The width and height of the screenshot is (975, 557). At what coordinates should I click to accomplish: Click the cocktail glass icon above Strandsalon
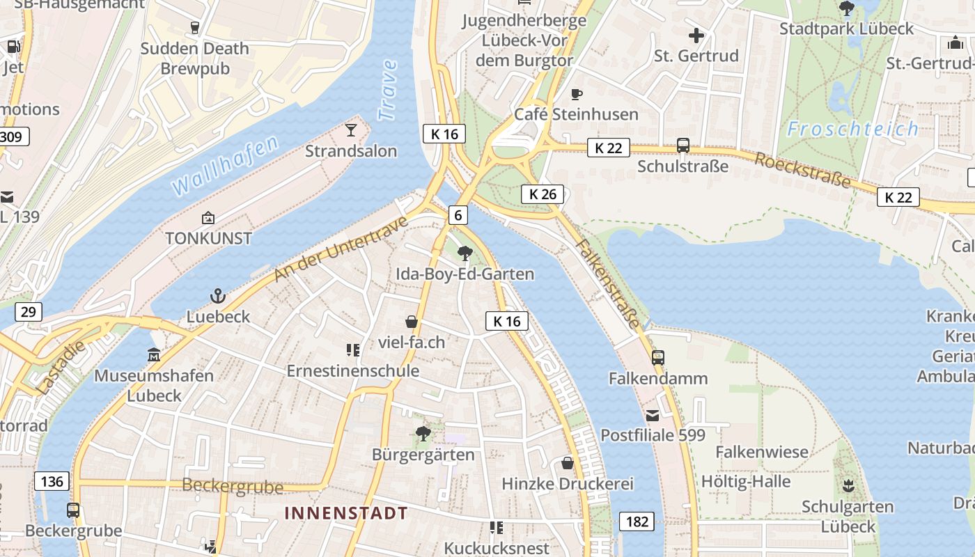351,130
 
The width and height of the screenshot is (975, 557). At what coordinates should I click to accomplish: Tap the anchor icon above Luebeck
218,297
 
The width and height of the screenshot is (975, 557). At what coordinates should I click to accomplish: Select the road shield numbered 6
458,215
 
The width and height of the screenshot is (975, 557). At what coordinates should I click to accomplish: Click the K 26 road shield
543,194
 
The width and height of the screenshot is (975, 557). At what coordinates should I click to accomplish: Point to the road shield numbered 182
637,521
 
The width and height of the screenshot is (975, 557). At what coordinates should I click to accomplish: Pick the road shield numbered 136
52,481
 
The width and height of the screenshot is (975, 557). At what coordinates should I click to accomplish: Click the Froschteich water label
853,129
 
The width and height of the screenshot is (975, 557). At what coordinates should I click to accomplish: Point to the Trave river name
387,90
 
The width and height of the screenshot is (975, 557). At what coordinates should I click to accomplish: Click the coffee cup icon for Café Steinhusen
576,94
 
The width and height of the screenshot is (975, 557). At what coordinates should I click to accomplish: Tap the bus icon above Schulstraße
683,146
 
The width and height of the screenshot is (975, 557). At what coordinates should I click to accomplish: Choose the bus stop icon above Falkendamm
658,358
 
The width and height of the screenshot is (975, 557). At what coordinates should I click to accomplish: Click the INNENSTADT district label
346,513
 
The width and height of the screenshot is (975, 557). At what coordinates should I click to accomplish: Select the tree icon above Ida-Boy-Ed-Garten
465,253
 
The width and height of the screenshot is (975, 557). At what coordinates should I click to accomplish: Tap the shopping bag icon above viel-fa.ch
412,322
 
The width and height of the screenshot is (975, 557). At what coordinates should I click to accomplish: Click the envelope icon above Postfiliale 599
653,416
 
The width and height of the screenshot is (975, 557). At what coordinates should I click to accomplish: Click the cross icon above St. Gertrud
696,35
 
